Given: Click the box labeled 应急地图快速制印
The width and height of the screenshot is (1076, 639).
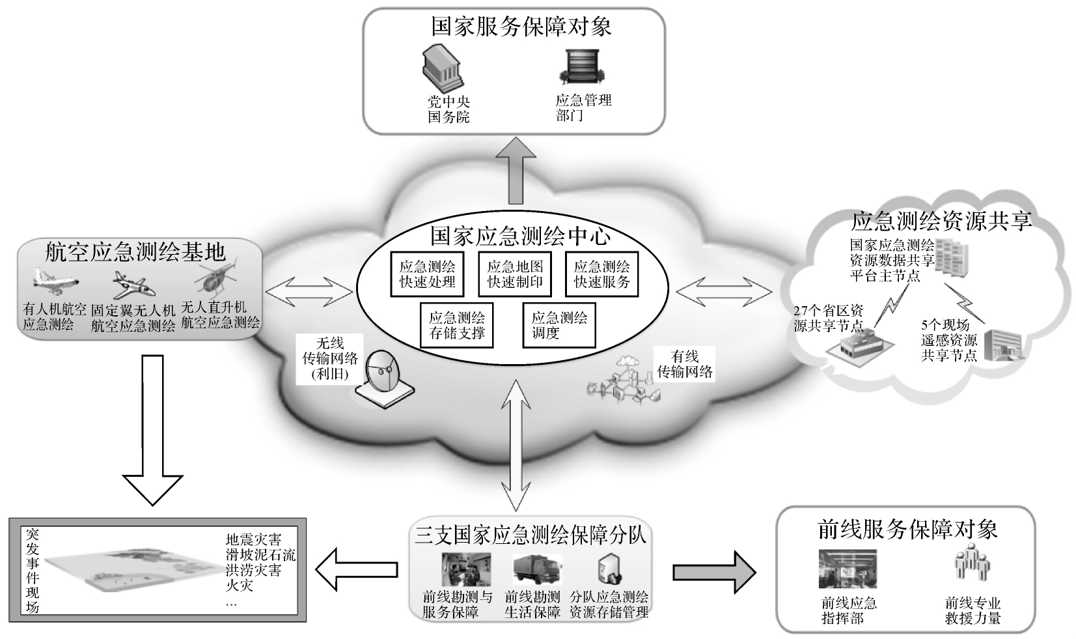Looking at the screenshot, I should pos(515,274).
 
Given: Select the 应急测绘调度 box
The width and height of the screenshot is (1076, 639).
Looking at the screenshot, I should pos(559,325).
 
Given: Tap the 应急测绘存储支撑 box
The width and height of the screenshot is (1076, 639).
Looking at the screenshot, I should pos(456,325).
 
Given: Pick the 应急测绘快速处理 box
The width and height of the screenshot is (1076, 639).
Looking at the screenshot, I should pos(427,274).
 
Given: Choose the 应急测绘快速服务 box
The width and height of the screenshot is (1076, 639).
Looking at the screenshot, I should pos(601,274).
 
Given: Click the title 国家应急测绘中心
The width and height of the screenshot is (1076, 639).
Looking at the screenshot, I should pos(520,236).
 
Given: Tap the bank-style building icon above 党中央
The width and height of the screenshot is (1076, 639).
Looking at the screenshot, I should pos(443,68).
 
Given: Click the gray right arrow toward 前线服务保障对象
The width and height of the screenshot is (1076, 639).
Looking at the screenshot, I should pos(713,572).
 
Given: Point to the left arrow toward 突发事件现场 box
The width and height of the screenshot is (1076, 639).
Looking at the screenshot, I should pos(357,571).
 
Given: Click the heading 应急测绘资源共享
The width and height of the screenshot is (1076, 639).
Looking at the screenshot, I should pos(941,221).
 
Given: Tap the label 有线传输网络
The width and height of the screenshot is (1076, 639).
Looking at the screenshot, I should pos(685,364).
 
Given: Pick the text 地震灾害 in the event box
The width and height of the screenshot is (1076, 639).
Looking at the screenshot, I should pos(253,540).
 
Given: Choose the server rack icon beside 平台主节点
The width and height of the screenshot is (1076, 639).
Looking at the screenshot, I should pos(952,257).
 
